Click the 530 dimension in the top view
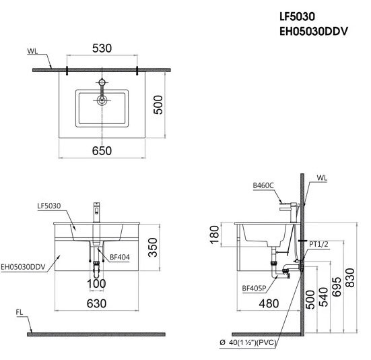tap(102, 49)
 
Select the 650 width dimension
tap(102, 152)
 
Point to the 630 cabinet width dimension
tap(97, 304)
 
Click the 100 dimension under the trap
tap(97, 283)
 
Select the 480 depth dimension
tap(269, 304)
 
